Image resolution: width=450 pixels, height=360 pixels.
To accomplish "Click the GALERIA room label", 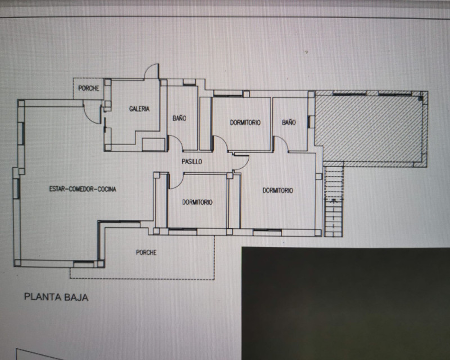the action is (x=139, y=109).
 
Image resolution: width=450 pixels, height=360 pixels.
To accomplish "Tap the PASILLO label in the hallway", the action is (x=192, y=161).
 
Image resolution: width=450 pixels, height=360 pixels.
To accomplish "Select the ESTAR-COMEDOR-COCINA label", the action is (x=83, y=189).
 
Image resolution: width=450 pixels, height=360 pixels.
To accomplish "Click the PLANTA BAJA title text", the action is (x=56, y=297).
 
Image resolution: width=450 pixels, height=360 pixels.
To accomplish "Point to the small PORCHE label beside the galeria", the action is (x=89, y=88).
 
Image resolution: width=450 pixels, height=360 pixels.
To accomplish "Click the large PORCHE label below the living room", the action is (x=146, y=253).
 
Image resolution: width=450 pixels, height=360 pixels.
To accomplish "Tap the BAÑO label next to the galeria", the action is (x=179, y=118).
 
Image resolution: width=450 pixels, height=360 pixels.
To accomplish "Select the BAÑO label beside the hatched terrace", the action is (x=289, y=122).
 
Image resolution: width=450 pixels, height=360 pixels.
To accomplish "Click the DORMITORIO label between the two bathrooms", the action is (x=245, y=123).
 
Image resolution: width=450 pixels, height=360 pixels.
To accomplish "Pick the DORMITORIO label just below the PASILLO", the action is (x=197, y=202).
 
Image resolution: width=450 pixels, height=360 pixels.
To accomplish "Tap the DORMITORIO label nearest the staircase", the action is (x=278, y=190).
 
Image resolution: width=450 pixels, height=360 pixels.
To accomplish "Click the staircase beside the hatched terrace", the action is (x=333, y=201).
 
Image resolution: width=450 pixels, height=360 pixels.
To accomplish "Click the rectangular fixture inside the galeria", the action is (x=154, y=145).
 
